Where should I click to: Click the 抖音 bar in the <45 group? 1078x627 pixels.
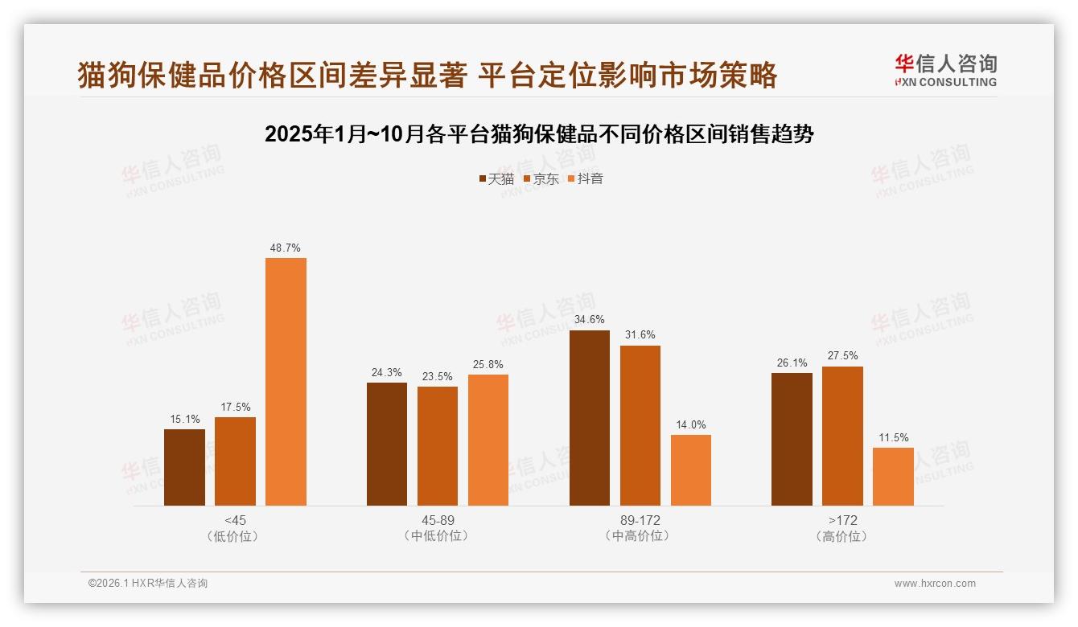click(286, 382)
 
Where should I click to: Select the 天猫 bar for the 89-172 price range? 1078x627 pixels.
click(590, 418)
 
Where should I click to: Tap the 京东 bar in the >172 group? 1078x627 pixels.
click(842, 436)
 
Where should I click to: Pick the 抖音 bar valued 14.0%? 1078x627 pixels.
click(691, 470)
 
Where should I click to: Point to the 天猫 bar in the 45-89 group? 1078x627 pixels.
click(387, 444)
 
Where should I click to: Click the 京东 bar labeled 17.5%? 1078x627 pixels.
click(235, 461)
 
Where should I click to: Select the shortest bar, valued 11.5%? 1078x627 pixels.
click(893, 477)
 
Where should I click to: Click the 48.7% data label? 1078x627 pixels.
click(286, 248)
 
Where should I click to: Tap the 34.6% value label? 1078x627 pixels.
click(590, 320)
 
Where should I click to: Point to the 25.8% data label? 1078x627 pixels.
click(488, 365)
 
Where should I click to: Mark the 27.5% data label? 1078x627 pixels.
click(842, 356)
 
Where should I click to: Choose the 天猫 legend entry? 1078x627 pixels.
click(496, 179)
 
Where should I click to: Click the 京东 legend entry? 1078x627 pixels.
click(541, 179)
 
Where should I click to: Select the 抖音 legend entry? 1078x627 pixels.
click(586, 179)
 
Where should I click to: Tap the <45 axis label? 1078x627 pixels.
click(236, 520)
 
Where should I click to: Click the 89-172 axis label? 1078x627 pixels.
click(640, 520)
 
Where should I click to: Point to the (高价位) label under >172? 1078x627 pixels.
click(842, 536)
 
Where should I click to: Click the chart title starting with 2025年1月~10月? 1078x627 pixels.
click(539, 134)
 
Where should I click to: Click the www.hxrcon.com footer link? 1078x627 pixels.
click(935, 584)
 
